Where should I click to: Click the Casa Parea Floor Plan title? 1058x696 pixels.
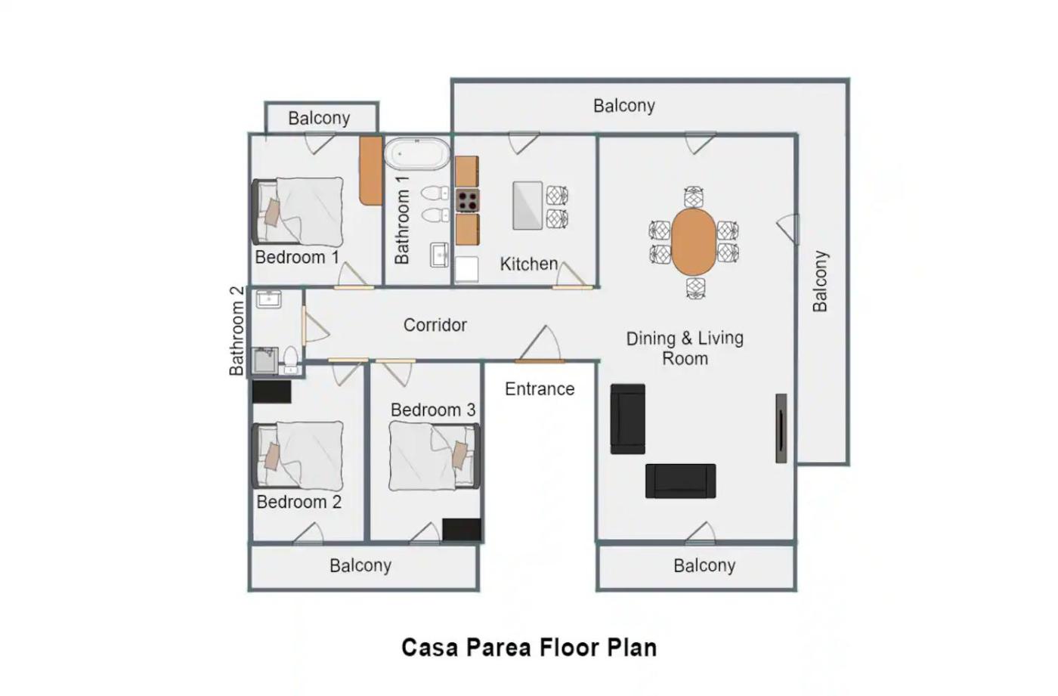click(529, 648)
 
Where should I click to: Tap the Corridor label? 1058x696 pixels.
click(435, 325)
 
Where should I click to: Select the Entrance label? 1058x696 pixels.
click(540, 389)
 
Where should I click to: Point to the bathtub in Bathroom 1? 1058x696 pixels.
click(417, 154)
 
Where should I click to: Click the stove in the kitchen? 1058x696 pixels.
click(468, 200)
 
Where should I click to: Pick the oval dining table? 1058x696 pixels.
click(694, 242)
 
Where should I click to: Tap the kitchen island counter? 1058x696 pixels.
click(527, 206)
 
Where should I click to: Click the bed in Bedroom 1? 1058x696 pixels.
click(298, 212)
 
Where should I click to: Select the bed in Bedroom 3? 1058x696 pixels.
click(435, 456)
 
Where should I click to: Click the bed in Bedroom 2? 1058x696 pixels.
click(298, 456)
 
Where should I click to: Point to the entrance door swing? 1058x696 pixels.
click(540, 344)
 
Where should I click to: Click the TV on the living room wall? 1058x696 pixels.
click(781, 428)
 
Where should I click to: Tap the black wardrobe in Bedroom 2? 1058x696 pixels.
click(271, 392)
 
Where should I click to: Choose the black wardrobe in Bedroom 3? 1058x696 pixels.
click(462, 529)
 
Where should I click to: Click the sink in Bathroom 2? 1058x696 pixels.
click(269, 299)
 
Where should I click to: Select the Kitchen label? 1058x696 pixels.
click(529, 264)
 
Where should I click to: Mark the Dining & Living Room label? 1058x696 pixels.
click(685, 348)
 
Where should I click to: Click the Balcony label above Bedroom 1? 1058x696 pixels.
click(319, 118)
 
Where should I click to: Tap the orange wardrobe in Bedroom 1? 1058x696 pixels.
click(371, 171)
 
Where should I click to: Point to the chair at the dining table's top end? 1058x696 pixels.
click(694, 197)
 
